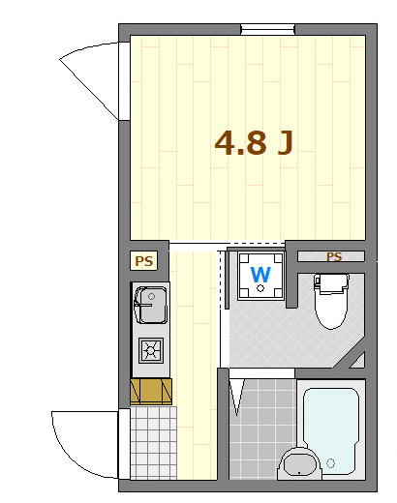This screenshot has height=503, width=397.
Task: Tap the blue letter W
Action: [260, 274]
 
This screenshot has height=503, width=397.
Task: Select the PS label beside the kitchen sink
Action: [144, 260]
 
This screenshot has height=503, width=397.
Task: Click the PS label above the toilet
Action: [334, 257]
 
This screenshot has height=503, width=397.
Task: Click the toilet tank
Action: [330, 282]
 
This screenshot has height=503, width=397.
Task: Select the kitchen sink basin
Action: [151, 307]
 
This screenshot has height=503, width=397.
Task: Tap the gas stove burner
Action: [152, 349]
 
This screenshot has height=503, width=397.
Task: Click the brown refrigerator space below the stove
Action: [151, 390]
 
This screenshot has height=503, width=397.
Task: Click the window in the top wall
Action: [268, 30]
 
